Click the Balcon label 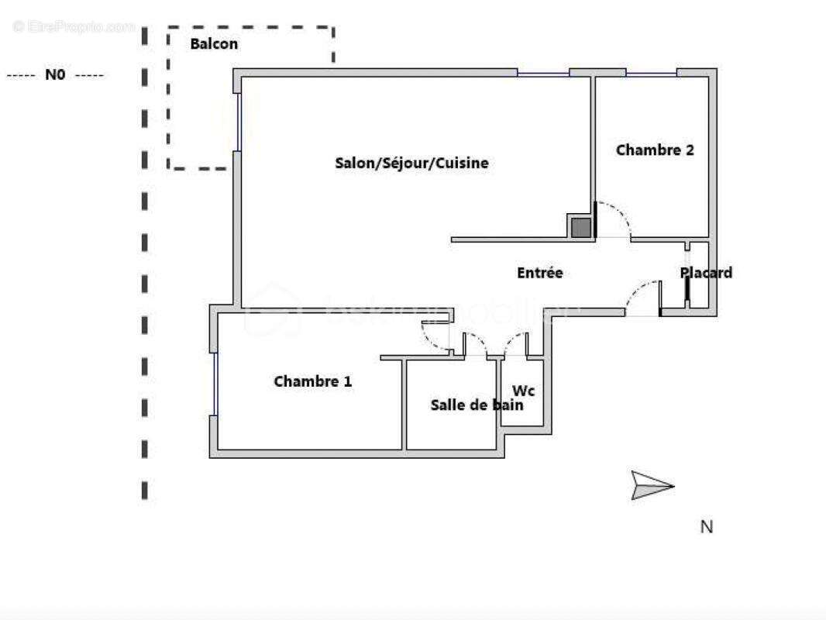[x=214, y=44]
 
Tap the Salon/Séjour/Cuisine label [x=411, y=163]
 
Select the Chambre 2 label [x=655, y=150]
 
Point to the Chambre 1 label [x=312, y=381]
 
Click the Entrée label [x=539, y=273]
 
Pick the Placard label [x=706, y=273]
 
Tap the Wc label [x=524, y=391]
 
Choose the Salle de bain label [x=477, y=405]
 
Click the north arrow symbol [x=651, y=486]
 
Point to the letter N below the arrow [x=706, y=527]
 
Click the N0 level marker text [x=55, y=75]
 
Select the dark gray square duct [x=580, y=227]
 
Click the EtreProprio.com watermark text [x=74, y=26]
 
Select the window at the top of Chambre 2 [x=651, y=74]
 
